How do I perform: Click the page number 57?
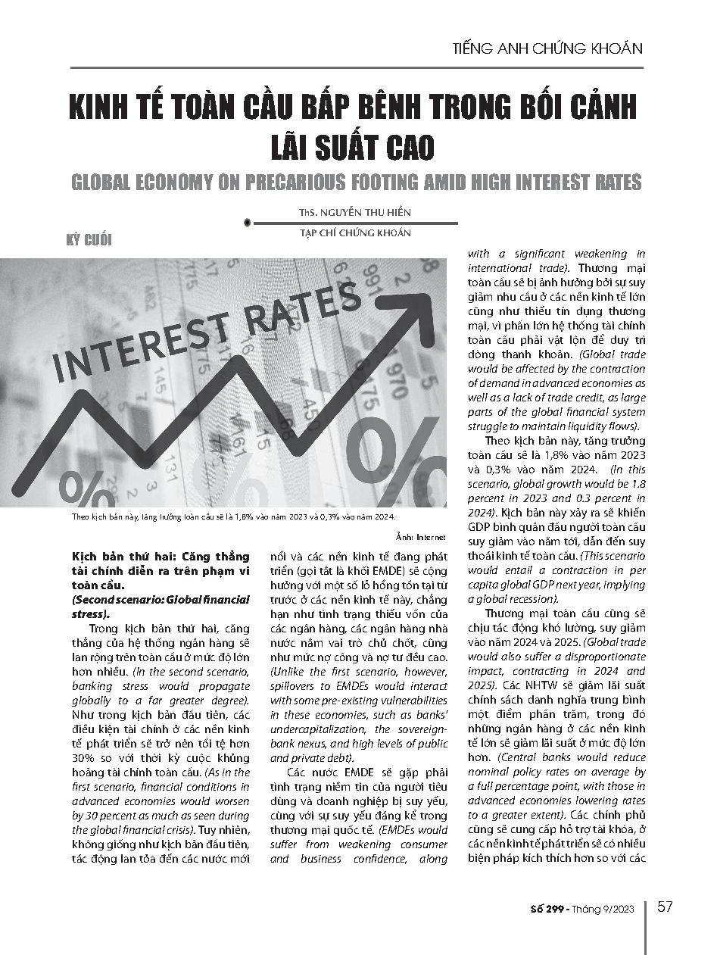[x=665, y=907]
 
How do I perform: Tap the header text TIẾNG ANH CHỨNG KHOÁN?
[x=547, y=48]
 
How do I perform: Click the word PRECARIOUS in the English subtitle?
[x=299, y=183]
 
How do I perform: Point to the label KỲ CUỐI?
[x=90, y=240]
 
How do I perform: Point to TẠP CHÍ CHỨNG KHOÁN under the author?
[x=356, y=233]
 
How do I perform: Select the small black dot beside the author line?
[x=248, y=223]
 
